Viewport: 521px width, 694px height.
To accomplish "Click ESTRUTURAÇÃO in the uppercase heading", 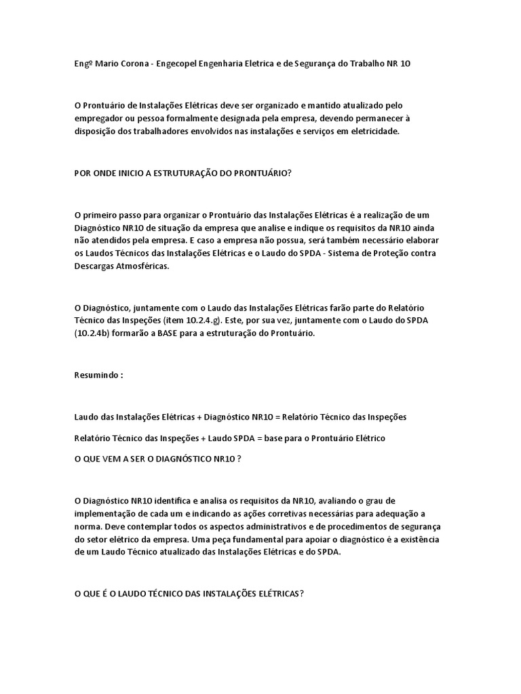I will (168, 173).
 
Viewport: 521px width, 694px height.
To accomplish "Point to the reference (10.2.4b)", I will (96, 334).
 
